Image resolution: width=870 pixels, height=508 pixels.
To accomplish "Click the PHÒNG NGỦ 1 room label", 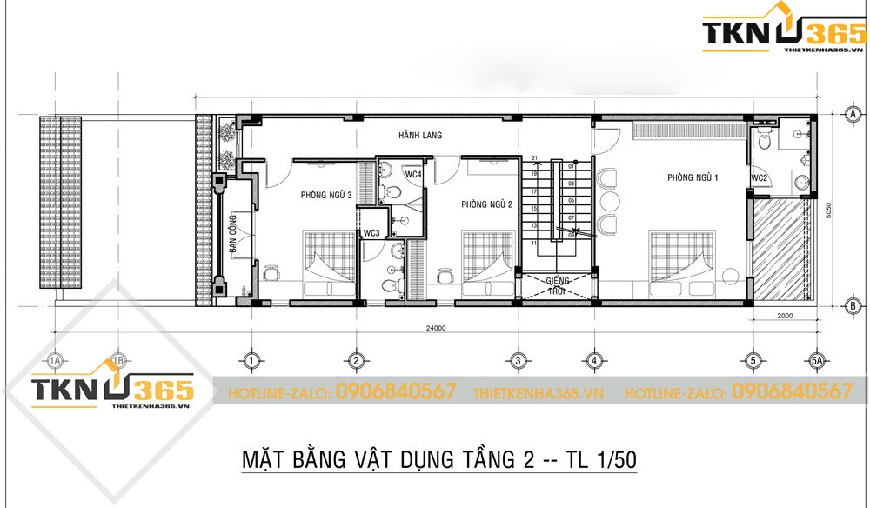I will tap(693, 177).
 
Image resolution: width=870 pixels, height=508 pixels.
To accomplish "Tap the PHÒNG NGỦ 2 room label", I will tap(486, 204).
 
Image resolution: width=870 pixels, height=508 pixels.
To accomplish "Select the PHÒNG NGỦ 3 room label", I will tap(326, 195).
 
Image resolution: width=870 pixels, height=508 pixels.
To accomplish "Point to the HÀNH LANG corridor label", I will tap(420, 136).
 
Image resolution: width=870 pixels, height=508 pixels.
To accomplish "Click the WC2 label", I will tap(760, 178).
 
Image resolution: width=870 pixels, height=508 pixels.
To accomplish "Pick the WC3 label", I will tap(371, 232).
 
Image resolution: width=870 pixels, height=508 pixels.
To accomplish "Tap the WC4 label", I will tap(413, 174).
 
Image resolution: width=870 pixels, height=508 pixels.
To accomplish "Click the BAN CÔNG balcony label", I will tap(233, 234).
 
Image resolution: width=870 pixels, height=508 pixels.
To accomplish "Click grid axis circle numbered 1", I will tap(251, 359).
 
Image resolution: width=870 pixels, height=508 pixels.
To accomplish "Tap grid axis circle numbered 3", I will tap(518, 359).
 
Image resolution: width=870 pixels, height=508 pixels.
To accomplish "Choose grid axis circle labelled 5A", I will tap(816, 359).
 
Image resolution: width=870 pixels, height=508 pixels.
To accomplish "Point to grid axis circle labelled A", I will tap(853, 114).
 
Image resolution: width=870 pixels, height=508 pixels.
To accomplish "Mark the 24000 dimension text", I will tap(436, 328).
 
